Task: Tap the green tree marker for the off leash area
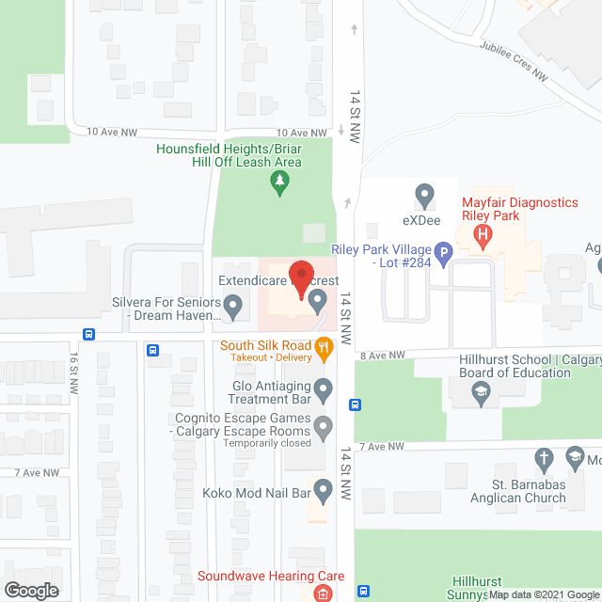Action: [278, 182]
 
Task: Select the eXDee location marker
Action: [424, 198]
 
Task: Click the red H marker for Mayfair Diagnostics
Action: [483, 235]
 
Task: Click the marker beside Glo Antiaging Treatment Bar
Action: [324, 388]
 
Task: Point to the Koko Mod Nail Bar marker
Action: [324, 490]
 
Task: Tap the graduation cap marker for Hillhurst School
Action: [483, 395]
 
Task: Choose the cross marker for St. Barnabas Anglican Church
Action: [544, 459]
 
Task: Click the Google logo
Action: [30, 590]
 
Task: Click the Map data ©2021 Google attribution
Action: [544, 594]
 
